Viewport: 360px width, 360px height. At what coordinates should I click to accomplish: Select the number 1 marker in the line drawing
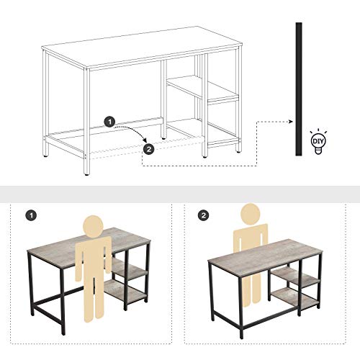(x=108, y=122)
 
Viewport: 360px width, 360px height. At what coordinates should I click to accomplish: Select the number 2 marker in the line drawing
(x=148, y=149)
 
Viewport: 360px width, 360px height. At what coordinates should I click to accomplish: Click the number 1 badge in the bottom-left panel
(x=31, y=215)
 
